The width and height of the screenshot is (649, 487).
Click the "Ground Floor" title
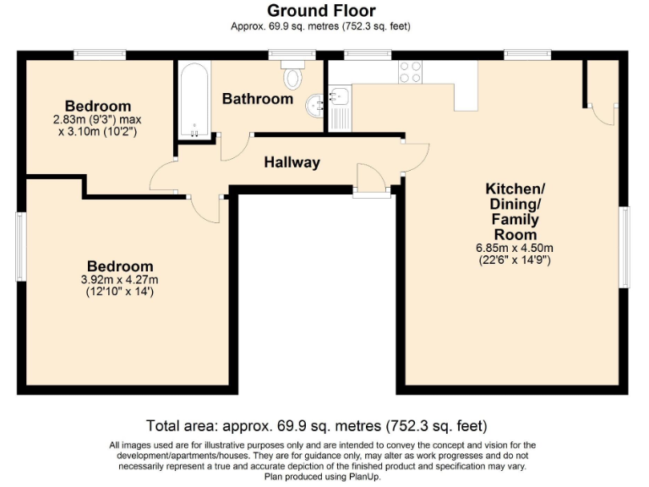[321, 10]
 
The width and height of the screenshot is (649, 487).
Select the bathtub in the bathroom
[194, 99]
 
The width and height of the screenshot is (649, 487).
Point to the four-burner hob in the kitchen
[410, 72]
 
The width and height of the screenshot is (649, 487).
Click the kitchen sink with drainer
[341, 104]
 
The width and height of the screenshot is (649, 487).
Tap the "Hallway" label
[292, 162]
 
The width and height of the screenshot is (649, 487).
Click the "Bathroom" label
[257, 99]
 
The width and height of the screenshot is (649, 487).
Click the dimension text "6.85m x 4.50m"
[514, 248]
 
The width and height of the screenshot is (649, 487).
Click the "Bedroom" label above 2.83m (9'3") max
[98, 106]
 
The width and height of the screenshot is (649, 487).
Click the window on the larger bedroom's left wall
[21, 247]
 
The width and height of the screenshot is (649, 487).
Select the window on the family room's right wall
[625, 246]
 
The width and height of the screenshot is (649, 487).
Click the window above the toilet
[292, 55]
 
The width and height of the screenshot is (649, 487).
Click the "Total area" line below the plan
[316, 425]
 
